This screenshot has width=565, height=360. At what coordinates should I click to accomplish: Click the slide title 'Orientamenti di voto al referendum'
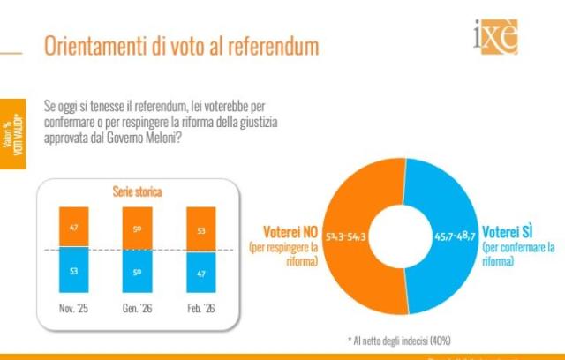tap(181, 46)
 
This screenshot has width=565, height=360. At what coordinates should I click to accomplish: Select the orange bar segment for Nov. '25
tap(74, 228)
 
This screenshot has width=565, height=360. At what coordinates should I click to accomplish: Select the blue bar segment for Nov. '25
tap(74, 270)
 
